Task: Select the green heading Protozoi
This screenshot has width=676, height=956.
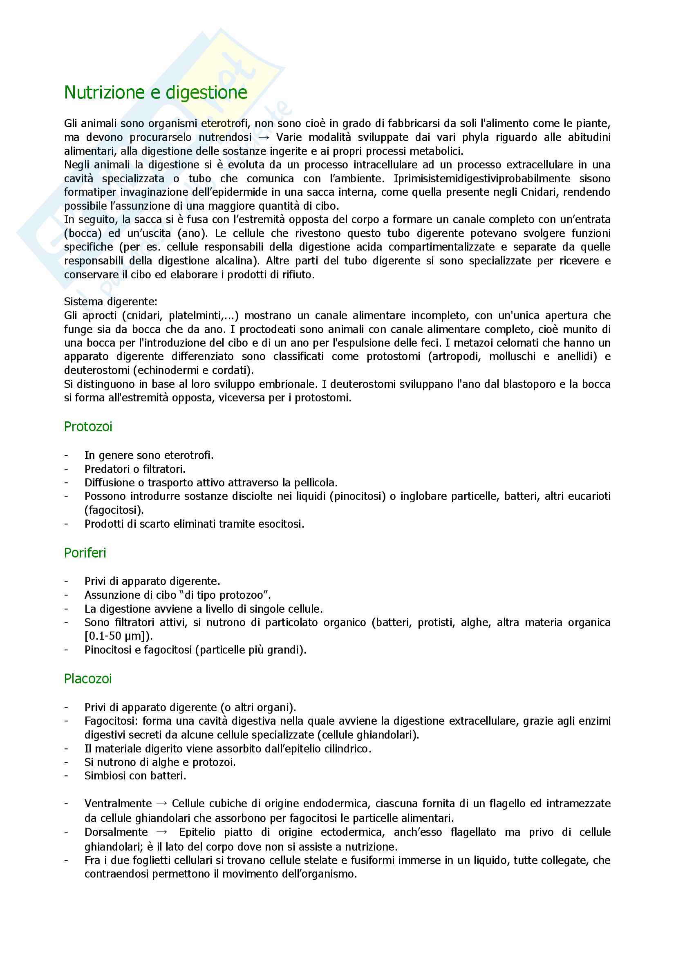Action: (88, 426)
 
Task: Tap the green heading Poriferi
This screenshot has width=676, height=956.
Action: (85, 553)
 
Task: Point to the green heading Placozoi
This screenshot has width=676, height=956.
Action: (88, 679)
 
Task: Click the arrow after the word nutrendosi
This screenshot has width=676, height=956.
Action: (264, 137)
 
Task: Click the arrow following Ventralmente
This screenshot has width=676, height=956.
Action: (161, 804)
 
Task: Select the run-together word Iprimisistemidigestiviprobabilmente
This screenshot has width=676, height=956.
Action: (481, 179)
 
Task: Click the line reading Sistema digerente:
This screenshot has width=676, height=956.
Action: (110, 302)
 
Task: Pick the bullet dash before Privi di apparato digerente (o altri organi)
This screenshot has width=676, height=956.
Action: (66, 707)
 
